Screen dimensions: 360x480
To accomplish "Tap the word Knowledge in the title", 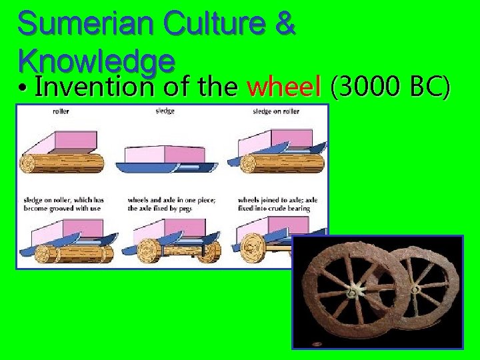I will (x=97, y=61).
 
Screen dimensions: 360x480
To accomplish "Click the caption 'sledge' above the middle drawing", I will (x=166, y=111).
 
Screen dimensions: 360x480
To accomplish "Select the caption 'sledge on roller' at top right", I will (x=275, y=111).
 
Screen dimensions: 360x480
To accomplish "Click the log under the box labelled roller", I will (x=64, y=163).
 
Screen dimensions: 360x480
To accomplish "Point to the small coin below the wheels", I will (x=317, y=344).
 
